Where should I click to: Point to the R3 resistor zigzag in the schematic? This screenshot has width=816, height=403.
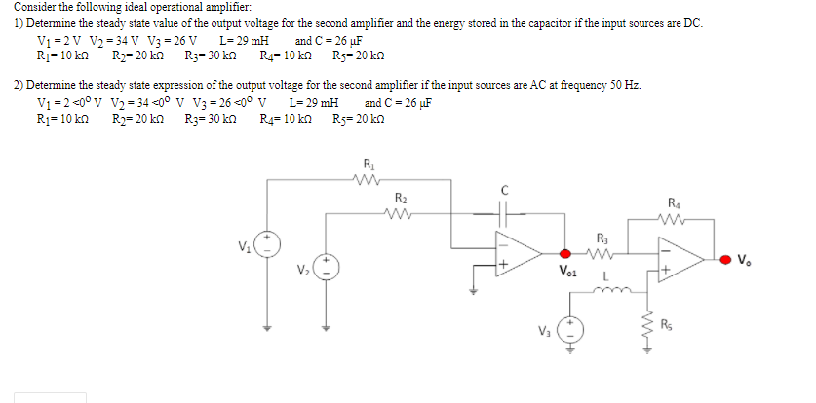tap(601, 258)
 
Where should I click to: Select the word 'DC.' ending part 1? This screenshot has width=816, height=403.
tap(691, 23)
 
